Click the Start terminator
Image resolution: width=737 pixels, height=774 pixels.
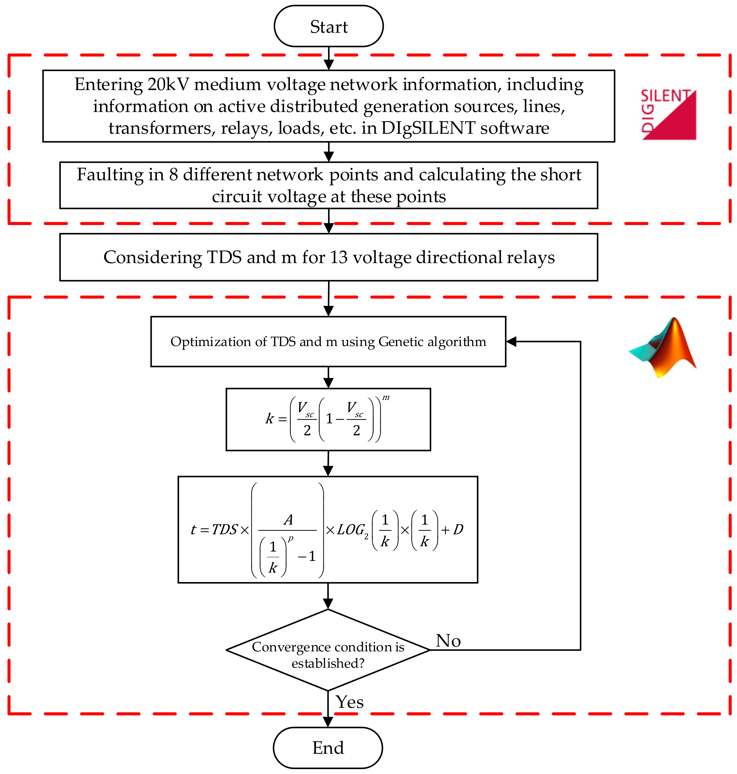pyautogui.click(x=328, y=26)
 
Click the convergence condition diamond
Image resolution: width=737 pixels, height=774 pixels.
pyautogui.click(x=328, y=650)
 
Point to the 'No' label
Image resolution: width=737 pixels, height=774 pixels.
pyautogui.click(x=448, y=641)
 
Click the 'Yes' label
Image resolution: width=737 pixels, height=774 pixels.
pyautogui.click(x=349, y=702)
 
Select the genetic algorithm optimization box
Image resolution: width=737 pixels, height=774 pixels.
pyautogui.click(x=328, y=341)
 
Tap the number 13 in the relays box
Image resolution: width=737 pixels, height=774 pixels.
pyautogui.click(x=339, y=257)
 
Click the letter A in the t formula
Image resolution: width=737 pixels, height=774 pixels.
pyautogui.click(x=288, y=520)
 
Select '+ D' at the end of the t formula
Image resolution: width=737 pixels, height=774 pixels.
pyautogui.click(x=453, y=530)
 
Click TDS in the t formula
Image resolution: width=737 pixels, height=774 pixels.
pyautogui.click(x=225, y=530)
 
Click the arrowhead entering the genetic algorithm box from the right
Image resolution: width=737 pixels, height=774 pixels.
pyautogui.click(x=511, y=341)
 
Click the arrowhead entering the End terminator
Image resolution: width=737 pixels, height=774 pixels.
pyautogui.click(x=328, y=721)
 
